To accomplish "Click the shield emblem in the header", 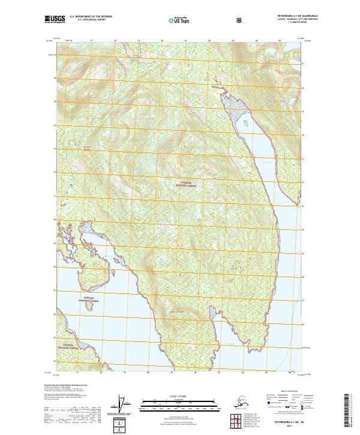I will coord(239,20).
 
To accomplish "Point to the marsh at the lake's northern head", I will coord(233,104).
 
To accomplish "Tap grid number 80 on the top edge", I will coord(162,41).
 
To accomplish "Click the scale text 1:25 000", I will coord(179,395).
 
